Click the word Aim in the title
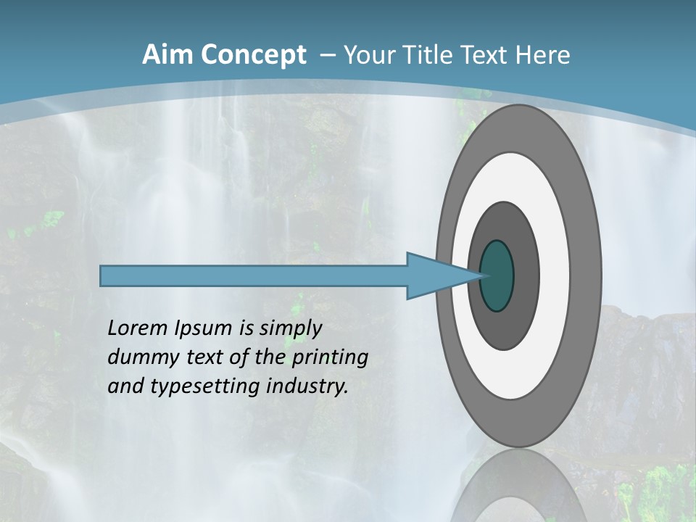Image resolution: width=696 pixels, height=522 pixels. click(168, 55)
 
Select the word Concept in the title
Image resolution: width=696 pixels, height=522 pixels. click(254, 55)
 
